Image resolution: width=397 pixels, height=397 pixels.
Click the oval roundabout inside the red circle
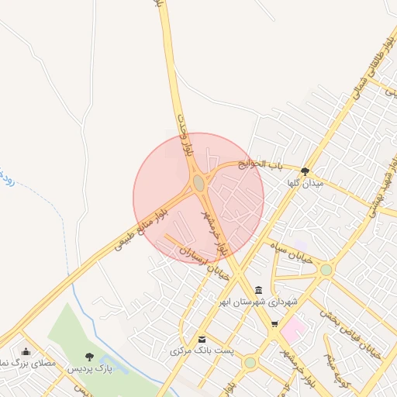pos(198,183)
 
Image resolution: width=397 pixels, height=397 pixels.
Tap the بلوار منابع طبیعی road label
pos(141,228)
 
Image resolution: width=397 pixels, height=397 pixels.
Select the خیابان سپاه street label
pos(291,251)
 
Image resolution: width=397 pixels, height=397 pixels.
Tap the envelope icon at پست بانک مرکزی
pos(202,339)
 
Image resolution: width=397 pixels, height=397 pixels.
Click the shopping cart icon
pos(274,323)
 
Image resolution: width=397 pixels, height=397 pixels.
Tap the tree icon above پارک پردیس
pos(91,357)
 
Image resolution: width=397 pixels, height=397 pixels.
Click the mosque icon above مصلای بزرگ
pos(26,351)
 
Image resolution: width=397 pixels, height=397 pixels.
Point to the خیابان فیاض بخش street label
pos(364,340)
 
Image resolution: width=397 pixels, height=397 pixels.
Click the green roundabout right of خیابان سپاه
pos(326,270)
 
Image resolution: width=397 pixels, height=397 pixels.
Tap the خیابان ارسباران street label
pos(195,259)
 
